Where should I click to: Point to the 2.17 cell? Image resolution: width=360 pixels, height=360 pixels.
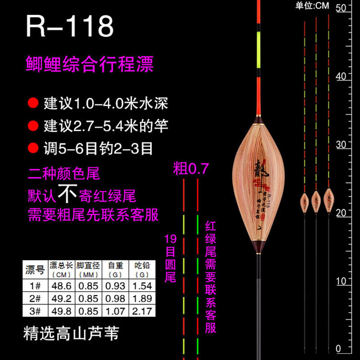point(142,310)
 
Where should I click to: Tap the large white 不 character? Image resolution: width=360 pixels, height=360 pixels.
point(67,195)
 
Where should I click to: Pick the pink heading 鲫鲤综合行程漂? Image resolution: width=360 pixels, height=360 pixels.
point(90,63)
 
